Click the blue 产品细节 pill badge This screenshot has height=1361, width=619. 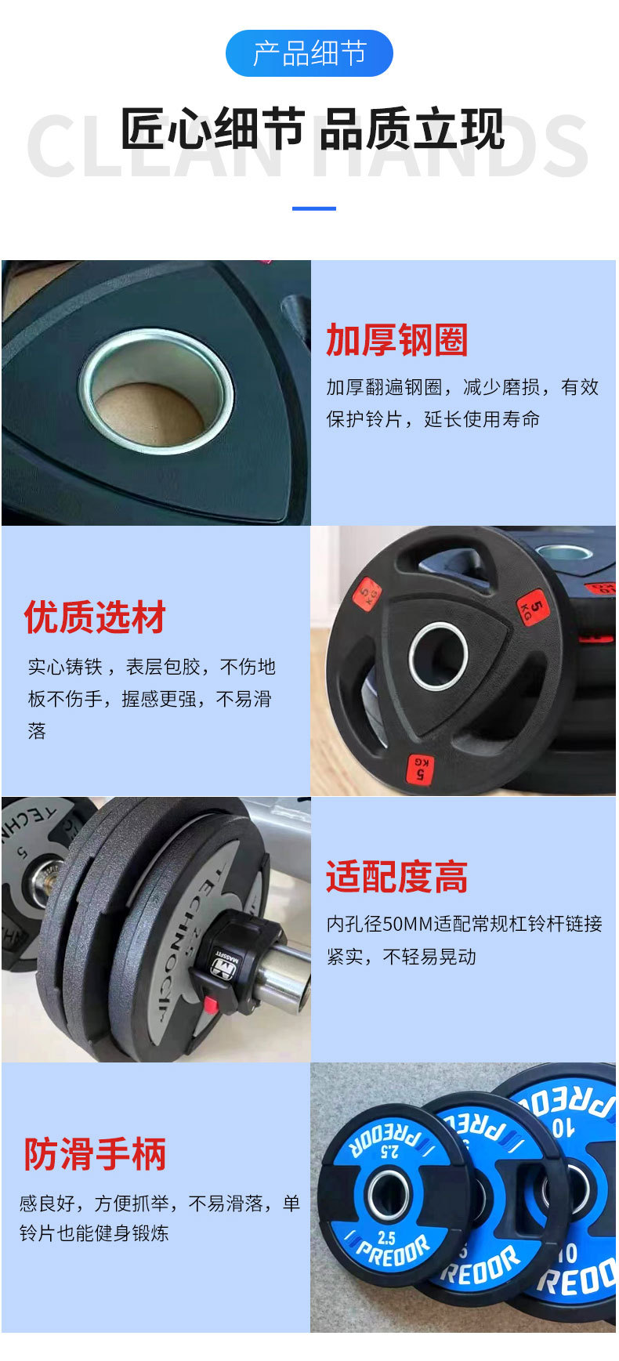point(309,53)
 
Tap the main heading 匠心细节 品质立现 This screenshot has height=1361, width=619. point(312,129)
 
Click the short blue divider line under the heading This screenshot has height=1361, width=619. point(313,208)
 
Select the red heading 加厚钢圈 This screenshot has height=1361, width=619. point(396,340)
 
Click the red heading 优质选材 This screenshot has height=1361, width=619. point(95,617)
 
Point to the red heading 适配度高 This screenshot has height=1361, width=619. point(396,877)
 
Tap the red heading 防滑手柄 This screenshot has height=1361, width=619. point(95,1154)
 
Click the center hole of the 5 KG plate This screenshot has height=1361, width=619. point(438,655)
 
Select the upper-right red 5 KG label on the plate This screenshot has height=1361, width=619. point(533,606)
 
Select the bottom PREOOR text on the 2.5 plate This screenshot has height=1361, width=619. point(391,1251)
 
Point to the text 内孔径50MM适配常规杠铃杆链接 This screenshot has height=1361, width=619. point(464,924)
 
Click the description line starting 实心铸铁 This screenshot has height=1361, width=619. point(151,667)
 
